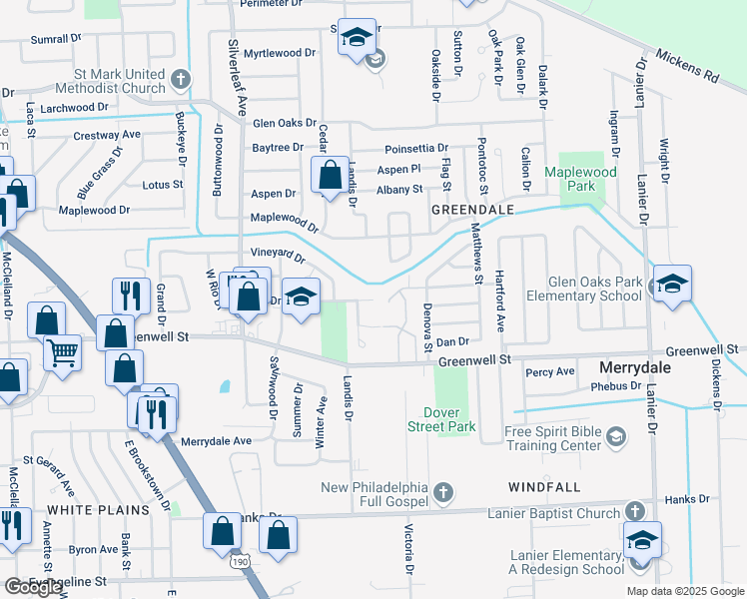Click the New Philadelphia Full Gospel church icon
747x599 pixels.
444,492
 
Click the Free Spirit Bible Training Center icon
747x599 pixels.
617,436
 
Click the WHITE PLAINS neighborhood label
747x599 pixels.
98,509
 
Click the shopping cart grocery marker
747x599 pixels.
63,352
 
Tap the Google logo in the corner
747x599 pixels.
34,586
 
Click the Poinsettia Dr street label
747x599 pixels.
420,149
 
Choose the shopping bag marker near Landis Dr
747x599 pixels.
330,176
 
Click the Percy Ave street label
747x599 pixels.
549,372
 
